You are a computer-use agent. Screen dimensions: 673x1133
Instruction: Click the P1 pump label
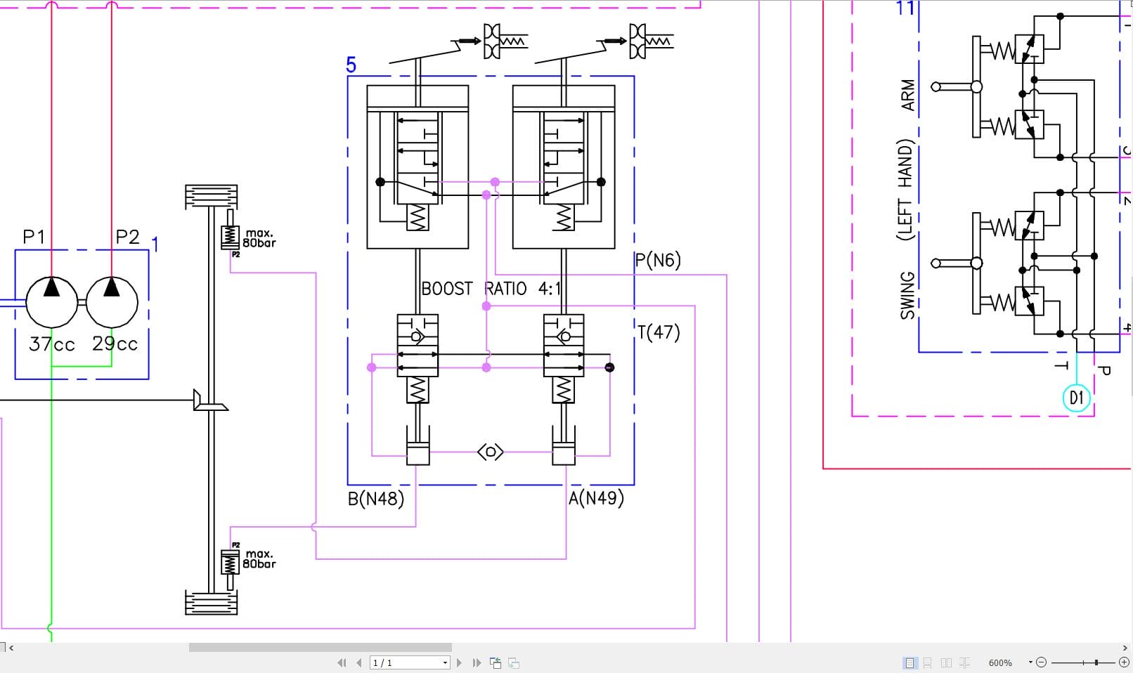click(34, 237)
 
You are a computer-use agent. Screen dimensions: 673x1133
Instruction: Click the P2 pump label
click(127, 237)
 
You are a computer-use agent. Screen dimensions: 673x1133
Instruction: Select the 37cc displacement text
click(51, 344)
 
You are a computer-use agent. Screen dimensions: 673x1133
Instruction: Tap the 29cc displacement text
click(115, 344)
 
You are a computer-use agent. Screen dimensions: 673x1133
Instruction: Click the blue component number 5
click(351, 65)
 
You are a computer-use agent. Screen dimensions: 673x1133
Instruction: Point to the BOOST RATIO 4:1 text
click(491, 289)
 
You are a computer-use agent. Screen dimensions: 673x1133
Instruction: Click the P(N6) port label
click(658, 261)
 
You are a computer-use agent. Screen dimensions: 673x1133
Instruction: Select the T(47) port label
click(659, 332)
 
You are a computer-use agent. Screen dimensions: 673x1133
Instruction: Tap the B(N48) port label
click(376, 499)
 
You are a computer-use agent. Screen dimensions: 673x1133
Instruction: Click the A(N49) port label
click(596, 498)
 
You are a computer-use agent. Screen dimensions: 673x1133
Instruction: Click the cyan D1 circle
click(1076, 398)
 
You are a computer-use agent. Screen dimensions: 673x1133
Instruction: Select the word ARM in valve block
click(907, 95)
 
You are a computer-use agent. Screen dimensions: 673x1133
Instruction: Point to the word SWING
click(907, 295)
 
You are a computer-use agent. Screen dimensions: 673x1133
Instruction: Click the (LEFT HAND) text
click(905, 190)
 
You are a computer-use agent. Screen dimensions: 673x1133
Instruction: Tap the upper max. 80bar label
click(259, 238)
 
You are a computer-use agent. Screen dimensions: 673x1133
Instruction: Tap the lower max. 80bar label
click(259, 559)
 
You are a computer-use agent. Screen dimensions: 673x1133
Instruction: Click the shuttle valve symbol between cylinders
click(491, 452)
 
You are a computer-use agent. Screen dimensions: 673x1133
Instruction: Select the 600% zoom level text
click(999, 662)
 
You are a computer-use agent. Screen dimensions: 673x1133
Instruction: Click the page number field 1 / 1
click(409, 662)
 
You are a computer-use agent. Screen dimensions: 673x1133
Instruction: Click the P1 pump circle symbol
click(51, 302)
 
